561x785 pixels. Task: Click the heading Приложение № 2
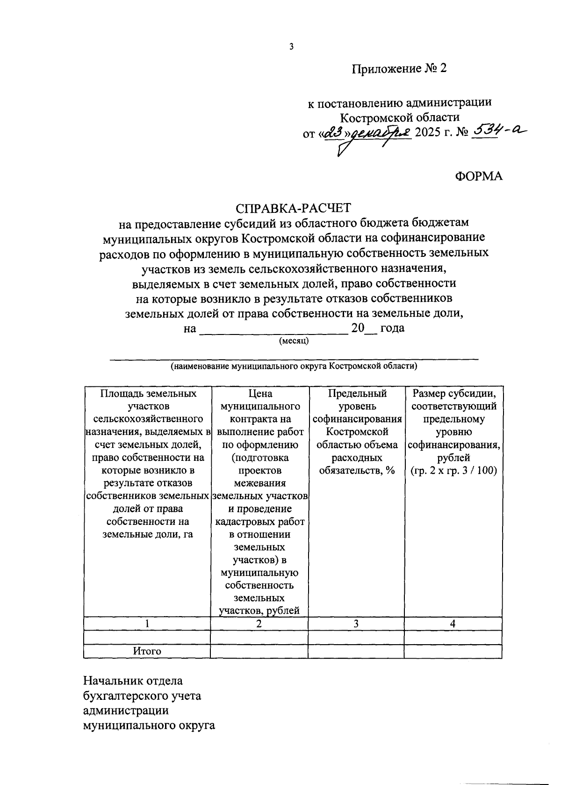click(x=400, y=69)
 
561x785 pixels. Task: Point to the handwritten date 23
click(x=333, y=133)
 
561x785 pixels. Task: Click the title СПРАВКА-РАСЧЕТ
click(x=294, y=207)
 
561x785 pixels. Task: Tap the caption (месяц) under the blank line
click(x=294, y=342)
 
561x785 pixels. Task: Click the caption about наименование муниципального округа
click(x=294, y=366)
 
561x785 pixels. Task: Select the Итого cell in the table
click(x=147, y=651)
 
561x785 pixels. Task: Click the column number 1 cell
click(x=147, y=624)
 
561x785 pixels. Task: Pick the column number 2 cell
click(x=259, y=624)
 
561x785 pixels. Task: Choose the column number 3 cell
click(x=356, y=624)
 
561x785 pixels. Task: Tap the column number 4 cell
click(x=453, y=624)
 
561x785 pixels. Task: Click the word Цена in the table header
click(x=260, y=393)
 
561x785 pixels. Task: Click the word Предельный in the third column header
click(x=357, y=393)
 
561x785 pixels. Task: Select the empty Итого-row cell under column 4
click(x=453, y=651)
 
